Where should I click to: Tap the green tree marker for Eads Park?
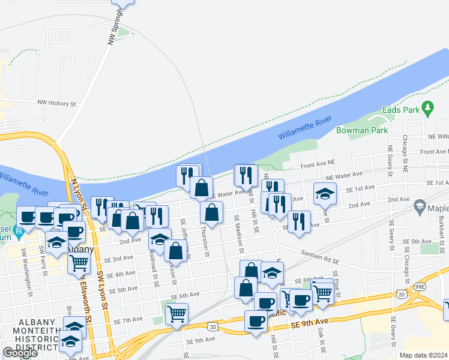click(x=427, y=109)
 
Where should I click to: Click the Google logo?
click(x=20, y=352)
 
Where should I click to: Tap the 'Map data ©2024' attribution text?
click(x=424, y=355)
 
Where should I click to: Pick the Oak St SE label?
click(x=321, y=340)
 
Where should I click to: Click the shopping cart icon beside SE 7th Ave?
click(x=176, y=313)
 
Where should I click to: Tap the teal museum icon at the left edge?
click(x=18, y=231)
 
